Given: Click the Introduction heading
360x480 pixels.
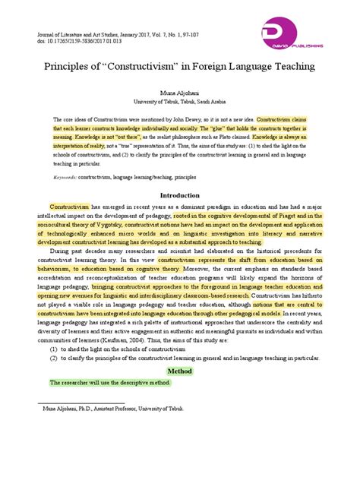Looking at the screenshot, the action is (180, 194).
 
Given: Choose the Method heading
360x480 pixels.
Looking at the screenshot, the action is (180, 370).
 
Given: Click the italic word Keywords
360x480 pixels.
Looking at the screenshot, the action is (68, 175).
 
